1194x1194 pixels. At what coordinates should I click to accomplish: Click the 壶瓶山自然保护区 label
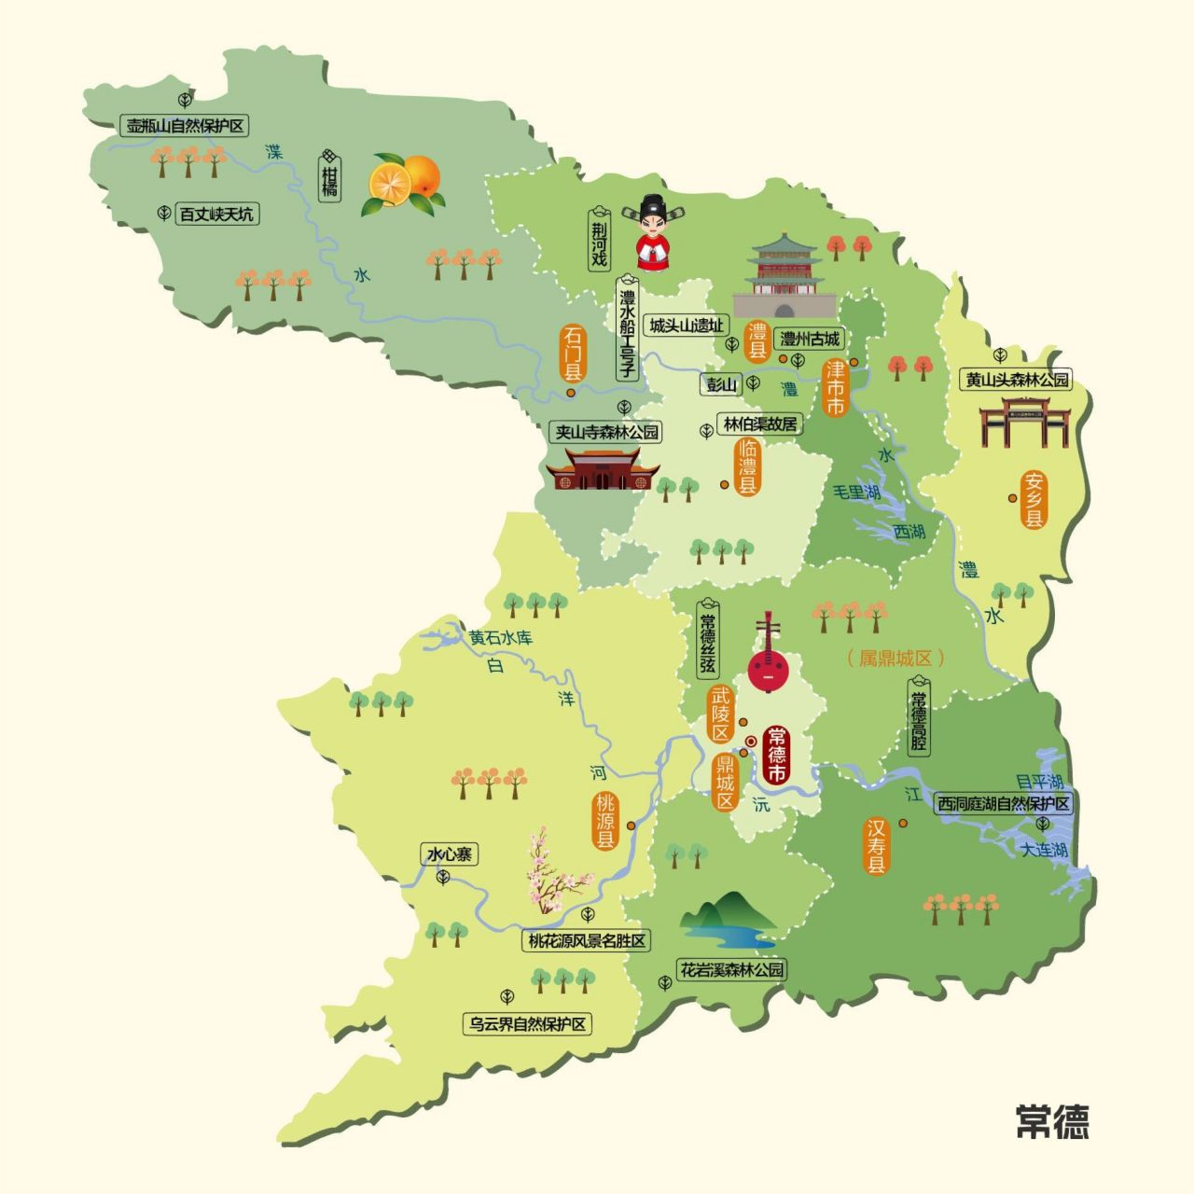point(187,126)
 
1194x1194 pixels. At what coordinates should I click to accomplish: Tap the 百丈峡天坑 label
point(215,215)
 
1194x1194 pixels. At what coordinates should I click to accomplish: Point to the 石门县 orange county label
point(572,354)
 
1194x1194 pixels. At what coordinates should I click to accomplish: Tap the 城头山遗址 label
point(687,326)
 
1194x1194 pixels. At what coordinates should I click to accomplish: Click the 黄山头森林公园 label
point(1017,380)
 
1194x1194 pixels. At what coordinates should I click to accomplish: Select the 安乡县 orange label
point(1034,500)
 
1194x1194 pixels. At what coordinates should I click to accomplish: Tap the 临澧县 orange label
point(747,466)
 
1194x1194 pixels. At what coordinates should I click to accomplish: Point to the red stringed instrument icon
point(769,657)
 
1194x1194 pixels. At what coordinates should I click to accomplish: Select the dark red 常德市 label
point(775,755)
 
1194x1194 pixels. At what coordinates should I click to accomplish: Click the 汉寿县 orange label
point(877,846)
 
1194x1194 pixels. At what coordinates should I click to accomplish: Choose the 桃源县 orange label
point(606,821)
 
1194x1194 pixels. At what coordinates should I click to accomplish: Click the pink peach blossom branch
point(557,872)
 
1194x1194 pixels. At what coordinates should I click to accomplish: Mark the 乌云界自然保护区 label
point(528,1023)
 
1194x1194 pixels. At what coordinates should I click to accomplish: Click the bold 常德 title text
point(1052,1121)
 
